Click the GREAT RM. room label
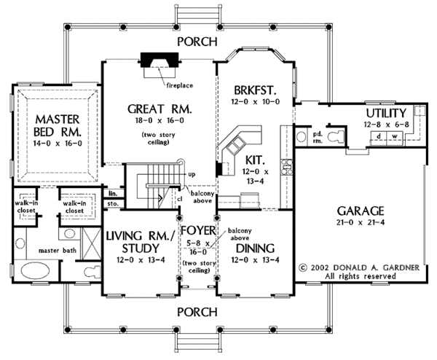(160, 109)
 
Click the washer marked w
(395, 136)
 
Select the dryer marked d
(379, 136)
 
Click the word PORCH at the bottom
(197, 312)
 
